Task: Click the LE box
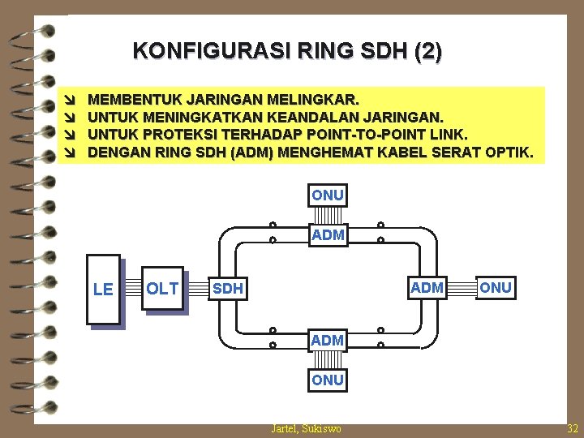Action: click(x=103, y=289)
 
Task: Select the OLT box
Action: click(x=162, y=287)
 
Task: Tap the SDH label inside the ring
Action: click(x=227, y=289)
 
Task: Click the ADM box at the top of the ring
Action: click(x=328, y=235)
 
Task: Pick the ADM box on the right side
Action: click(x=427, y=287)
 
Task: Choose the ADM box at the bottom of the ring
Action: click(x=327, y=340)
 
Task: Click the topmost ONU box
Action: click(x=328, y=195)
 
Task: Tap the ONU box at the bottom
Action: click(x=328, y=380)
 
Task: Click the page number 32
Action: click(x=573, y=428)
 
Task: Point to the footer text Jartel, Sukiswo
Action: click(x=306, y=428)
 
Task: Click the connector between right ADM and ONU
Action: click(x=462, y=288)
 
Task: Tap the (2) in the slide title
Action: click(x=427, y=52)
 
